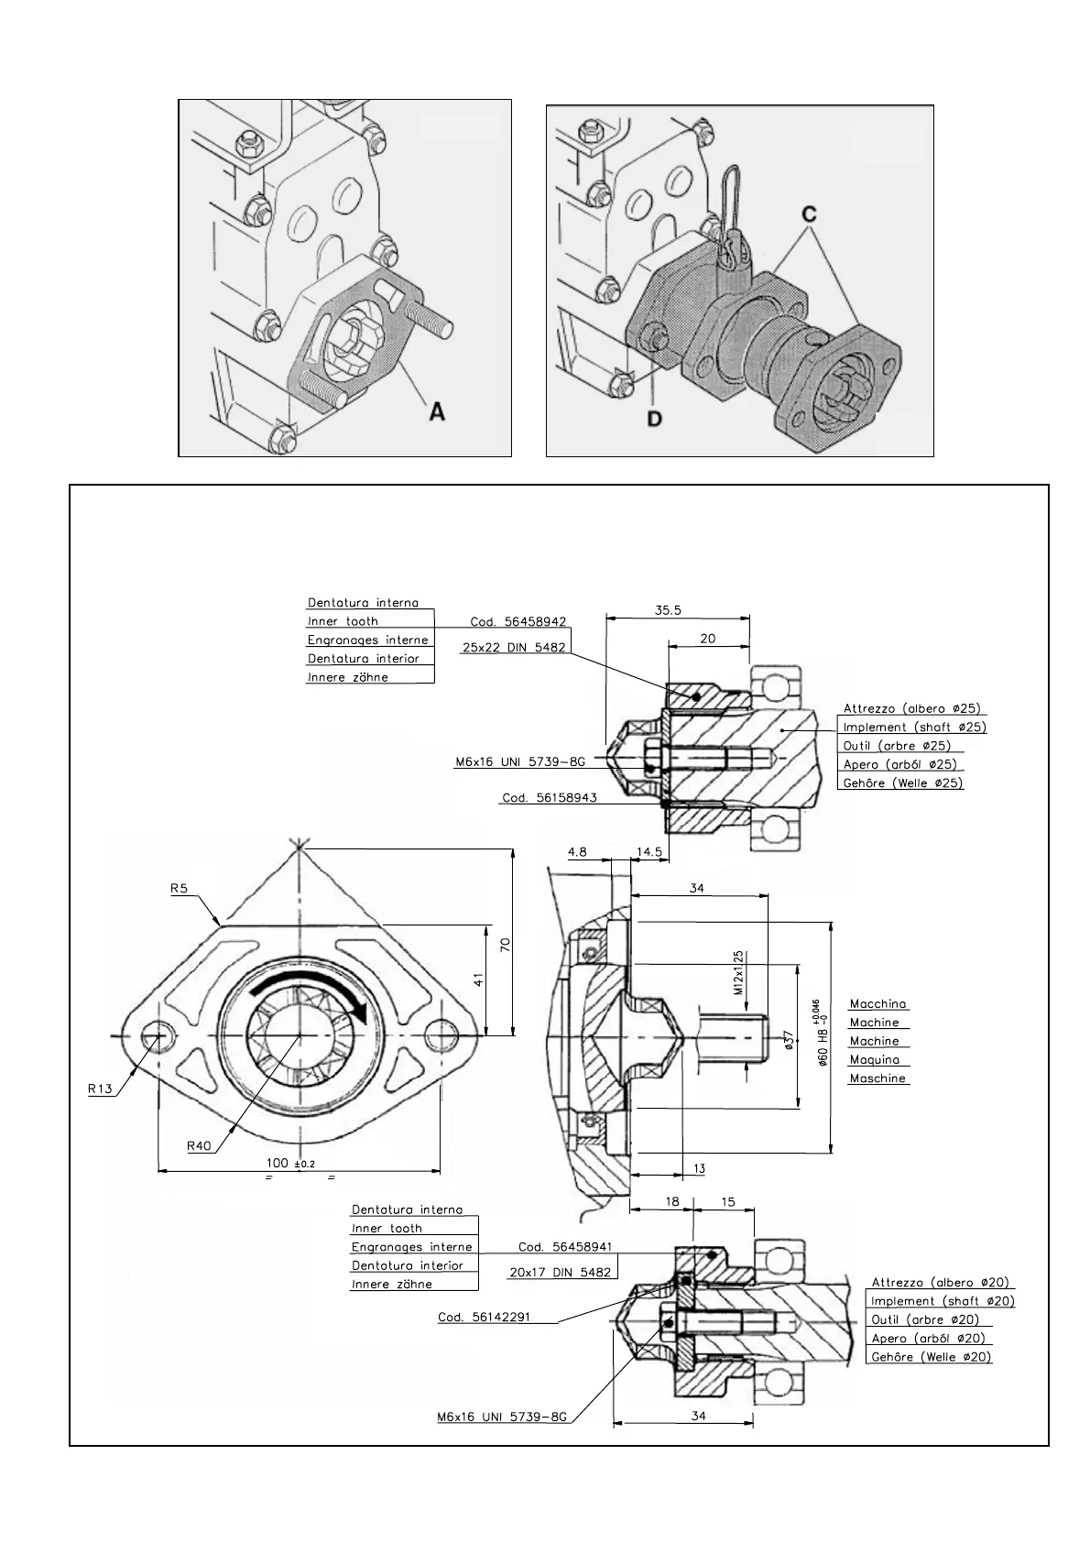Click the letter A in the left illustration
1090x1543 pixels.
437,412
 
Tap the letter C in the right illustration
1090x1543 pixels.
809,213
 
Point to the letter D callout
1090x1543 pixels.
656,418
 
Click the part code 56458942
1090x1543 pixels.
518,621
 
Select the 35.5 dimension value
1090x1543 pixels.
668,610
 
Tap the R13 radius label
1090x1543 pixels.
100,1089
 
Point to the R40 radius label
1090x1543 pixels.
200,1144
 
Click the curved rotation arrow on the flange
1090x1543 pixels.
311,990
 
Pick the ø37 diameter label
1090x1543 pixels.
790,1042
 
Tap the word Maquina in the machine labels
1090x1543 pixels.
875,1059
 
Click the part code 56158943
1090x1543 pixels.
550,797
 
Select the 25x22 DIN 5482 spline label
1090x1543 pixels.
515,647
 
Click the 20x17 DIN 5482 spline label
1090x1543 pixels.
559,1272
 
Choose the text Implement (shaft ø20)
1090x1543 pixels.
943,1301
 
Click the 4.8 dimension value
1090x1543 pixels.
577,851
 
